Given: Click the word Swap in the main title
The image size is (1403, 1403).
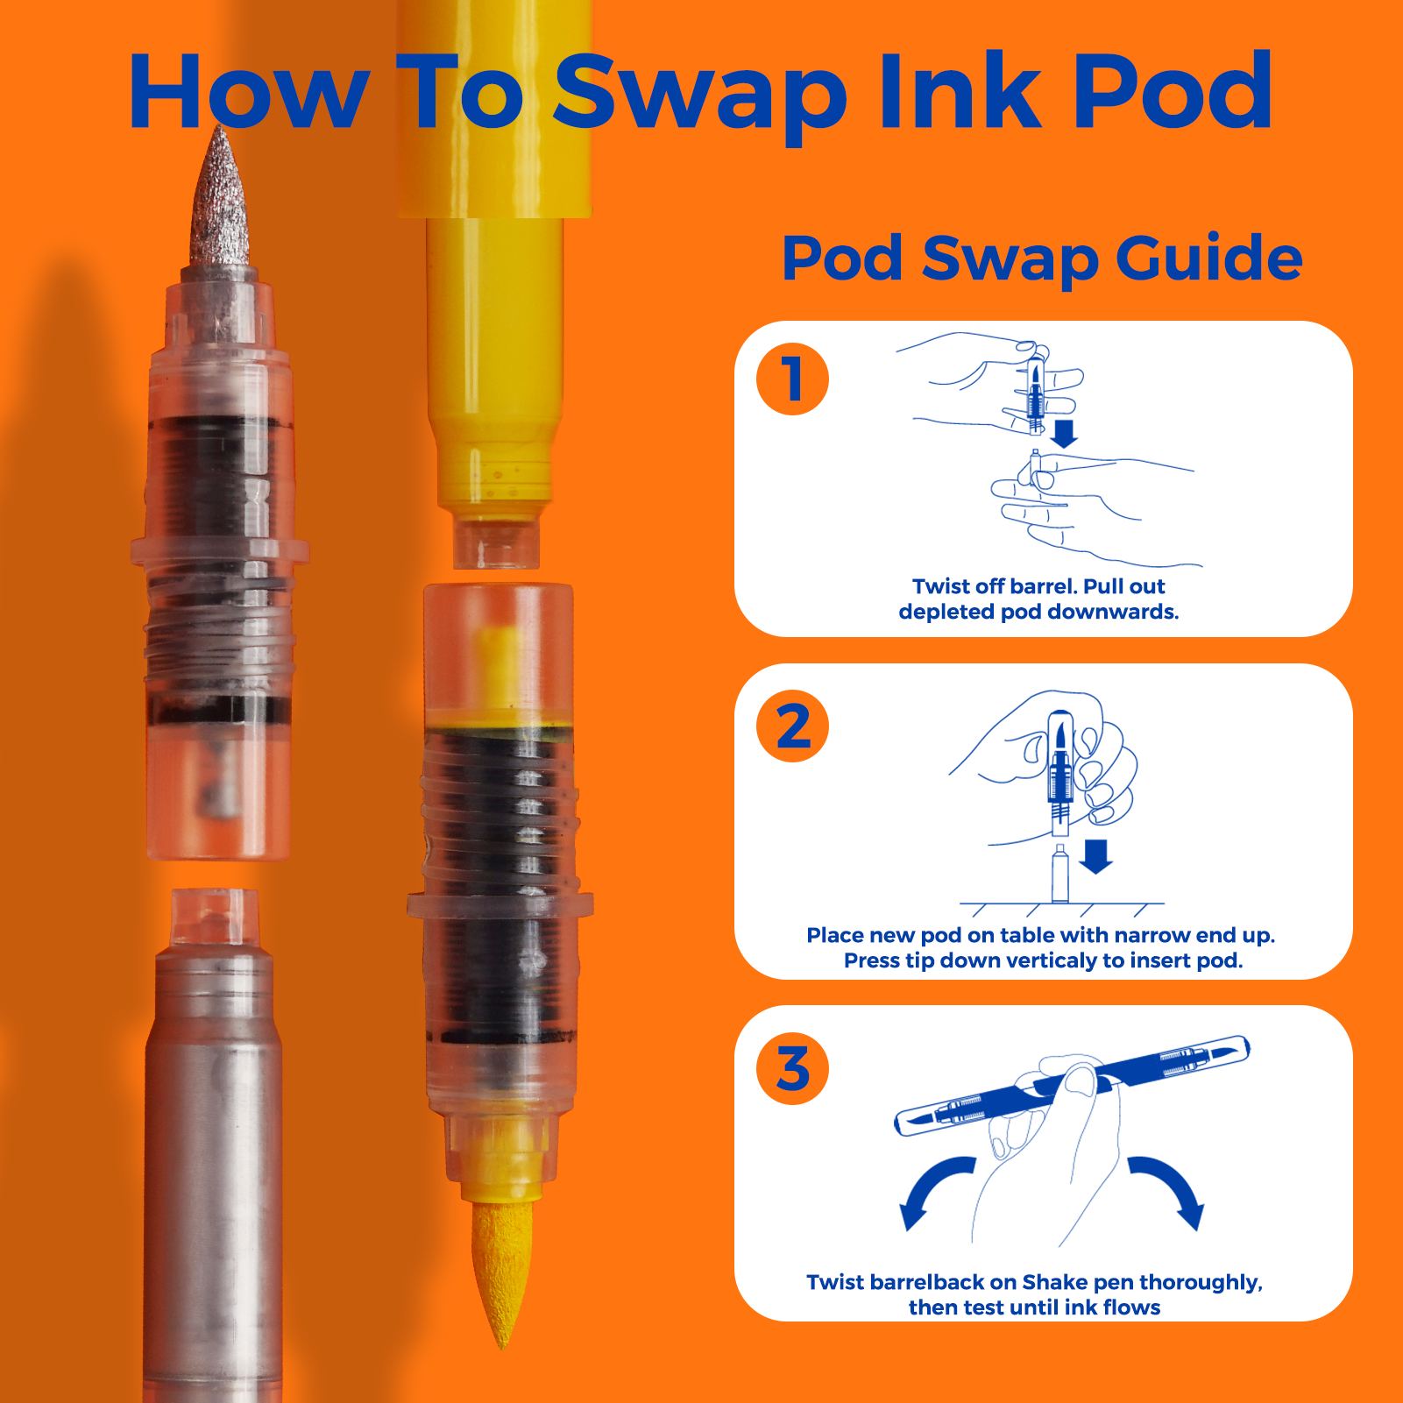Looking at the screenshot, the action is (x=700, y=95).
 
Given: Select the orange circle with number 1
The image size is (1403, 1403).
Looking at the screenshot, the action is (x=793, y=379).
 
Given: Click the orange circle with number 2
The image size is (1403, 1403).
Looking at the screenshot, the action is (x=793, y=726).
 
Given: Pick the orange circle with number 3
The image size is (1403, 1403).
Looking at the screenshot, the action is (x=793, y=1068).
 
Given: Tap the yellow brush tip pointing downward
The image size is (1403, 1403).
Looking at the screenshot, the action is (x=502, y=1271).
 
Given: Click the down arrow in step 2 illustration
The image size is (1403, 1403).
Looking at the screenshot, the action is (x=1095, y=857).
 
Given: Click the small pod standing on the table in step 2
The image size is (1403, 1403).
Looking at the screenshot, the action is (x=1059, y=874).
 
